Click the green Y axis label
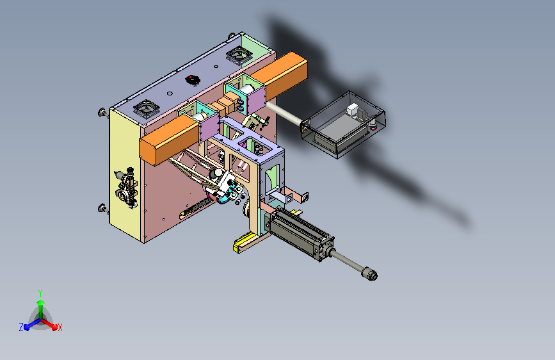(40, 293)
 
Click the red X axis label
(60, 328)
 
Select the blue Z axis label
(21, 327)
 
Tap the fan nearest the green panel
(239, 55)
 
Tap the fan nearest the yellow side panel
(146, 108)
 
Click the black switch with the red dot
(193, 79)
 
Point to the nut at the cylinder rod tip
(369, 274)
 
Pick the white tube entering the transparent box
(285, 113)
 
